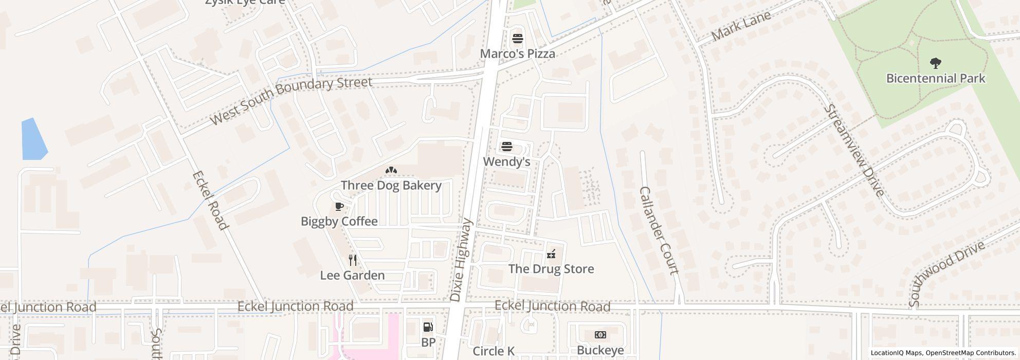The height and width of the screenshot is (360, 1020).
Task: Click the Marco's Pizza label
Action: pos(517,53)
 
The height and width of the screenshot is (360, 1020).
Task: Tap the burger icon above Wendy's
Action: pos(507,147)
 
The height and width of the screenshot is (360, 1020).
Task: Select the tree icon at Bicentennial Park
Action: pos(936,63)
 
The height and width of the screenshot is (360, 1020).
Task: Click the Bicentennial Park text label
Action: pos(936,78)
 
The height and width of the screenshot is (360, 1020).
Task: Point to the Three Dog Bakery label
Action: pos(391,185)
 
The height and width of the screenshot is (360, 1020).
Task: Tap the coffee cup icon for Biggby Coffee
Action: pos(339,207)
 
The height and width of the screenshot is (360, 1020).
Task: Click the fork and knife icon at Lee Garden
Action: pos(353,260)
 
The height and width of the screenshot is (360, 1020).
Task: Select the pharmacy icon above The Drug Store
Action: pos(551,254)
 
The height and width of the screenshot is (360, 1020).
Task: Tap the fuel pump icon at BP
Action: pos(428,327)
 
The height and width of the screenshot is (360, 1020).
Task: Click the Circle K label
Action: pos(494,351)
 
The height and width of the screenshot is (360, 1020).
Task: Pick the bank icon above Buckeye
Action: pos(600,335)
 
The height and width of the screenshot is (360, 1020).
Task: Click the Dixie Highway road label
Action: pos(461,260)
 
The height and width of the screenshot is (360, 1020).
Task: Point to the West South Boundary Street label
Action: pos(291,100)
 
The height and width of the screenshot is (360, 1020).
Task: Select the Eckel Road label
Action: pos(209,201)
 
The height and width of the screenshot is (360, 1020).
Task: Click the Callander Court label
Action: pos(659,230)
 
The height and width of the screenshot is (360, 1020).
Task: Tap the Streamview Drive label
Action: pos(854,150)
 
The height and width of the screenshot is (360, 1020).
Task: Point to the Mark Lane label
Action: pos(741,26)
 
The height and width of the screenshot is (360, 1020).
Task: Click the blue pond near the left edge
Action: pos(33,139)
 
